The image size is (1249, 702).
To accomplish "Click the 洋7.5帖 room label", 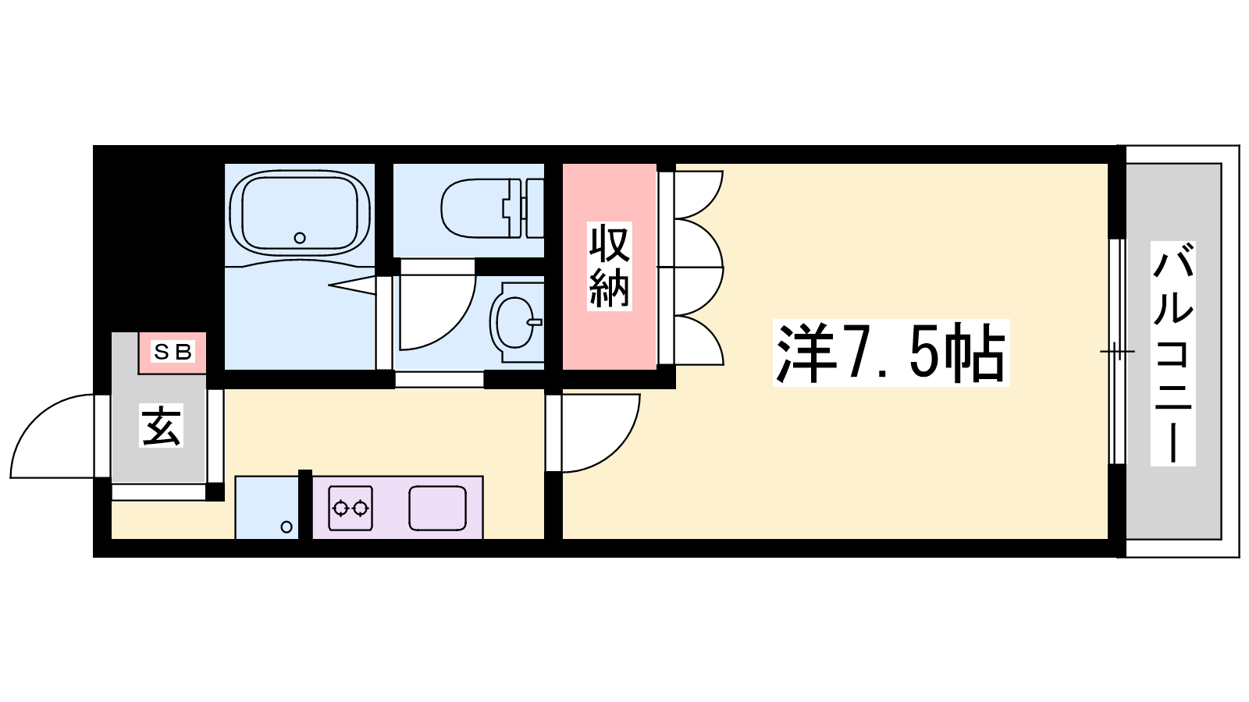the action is pyautogui.click(x=891, y=353).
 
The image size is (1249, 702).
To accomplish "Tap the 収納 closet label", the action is pyautogui.click(x=610, y=266).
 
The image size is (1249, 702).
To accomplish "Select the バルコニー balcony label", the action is pyautogui.click(x=1173, y=353).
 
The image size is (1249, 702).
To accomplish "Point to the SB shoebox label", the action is pyautogui.click(x=173, y=352).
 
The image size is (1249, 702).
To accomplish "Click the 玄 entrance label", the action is pyautogui.click(x=161, y=427).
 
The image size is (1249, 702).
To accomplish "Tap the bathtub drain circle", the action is pyautogui.click(x=300, y=238).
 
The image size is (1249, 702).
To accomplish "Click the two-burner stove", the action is pyautogui.click(x=351, y=508).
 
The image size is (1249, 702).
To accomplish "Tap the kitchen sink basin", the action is pyautogui.click(x=437, y=508).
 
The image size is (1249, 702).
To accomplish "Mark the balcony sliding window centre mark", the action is pyautogui.click(x=1117, y=352).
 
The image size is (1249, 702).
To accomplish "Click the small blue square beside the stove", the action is pyautogui.click(x=266, y=508).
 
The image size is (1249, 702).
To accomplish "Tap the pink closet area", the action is pyautogui.click(x=610, y=266).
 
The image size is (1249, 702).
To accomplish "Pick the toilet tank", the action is pyautogui.click(x=535, y=208).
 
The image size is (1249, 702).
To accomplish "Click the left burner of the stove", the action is pyautogui.click(x=340, y=508).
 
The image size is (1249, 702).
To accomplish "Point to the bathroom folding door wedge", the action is pyautogui.click(x=353, y=285).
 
